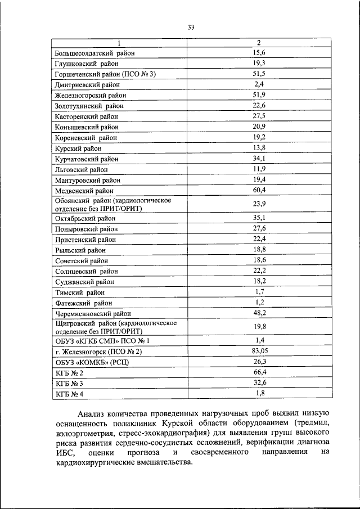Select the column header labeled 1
pos(119,43)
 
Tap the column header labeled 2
pos(259,43)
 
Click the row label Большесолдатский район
pos(95,53)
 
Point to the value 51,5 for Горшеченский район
pos(259,74)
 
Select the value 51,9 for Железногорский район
pos(259,95)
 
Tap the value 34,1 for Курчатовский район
pos(259,159)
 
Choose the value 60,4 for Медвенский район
pos(259,190)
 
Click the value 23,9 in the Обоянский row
pos(259,204)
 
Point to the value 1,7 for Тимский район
pos(259,291)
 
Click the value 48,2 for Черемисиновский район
pos(259,313)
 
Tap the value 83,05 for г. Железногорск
pos(259,351)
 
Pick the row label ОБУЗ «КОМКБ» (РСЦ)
pos(92,362)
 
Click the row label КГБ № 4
pos(69,394)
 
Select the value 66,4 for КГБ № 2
pos(259,372)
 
